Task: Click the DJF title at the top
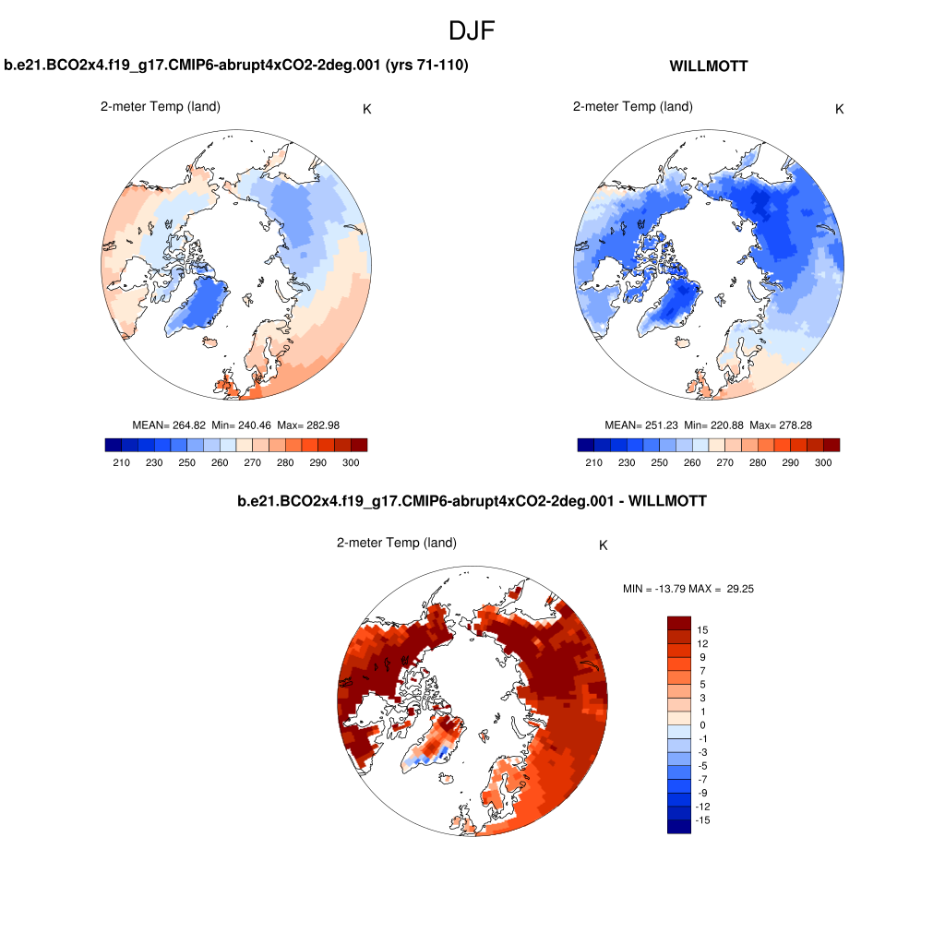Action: [x=472, y=30]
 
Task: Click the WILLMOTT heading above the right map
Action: [x=708, y=66]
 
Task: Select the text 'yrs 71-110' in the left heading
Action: [x=432, y=66]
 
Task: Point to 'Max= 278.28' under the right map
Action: [x=780, y=425]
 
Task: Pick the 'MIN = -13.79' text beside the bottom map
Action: [x=654, y=588]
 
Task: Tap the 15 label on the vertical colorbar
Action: [x=703, y=629]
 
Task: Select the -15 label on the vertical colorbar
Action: [x=703, y=820]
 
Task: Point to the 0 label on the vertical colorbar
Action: [x=703, y=725]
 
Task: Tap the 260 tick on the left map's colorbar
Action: [x=220, y=462]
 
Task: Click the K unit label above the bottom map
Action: [x=604, y=545]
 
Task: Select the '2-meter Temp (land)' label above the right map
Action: [x=632, y=106]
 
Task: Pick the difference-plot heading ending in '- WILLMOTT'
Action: [x=472, y=502]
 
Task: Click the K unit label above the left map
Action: [x=367, y=109]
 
